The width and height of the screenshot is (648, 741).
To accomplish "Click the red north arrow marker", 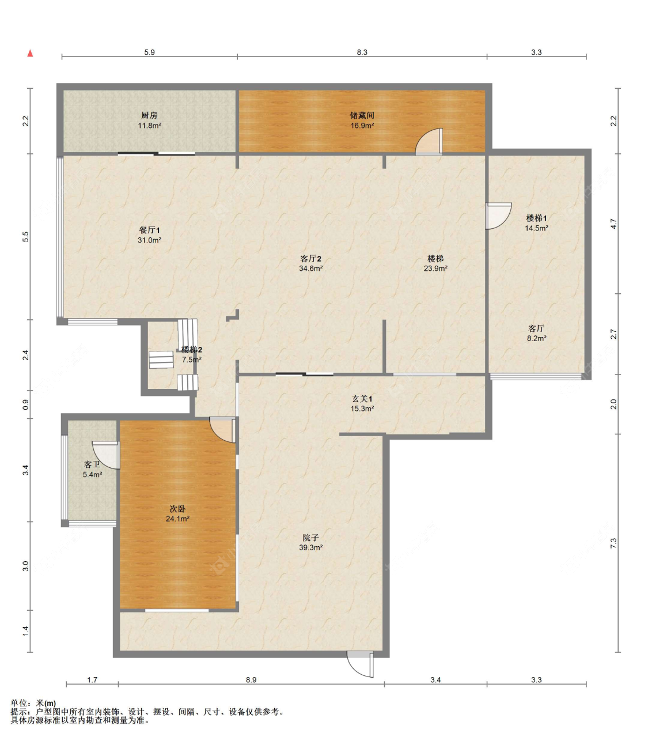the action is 31,53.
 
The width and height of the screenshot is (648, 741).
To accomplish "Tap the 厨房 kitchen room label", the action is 149,116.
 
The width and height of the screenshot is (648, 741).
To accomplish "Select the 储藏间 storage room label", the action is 362,116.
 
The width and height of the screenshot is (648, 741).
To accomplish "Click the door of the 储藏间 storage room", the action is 429,142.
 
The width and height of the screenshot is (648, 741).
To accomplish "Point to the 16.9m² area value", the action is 362,126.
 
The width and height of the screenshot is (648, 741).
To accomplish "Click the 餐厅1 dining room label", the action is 149,230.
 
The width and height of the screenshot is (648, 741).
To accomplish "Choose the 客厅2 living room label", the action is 310,259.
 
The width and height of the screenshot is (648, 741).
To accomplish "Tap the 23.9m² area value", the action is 435,269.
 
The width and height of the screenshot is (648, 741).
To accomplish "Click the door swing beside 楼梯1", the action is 498,216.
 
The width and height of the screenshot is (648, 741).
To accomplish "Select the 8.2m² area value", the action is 536,338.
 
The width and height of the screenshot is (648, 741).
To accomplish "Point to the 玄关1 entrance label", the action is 362,399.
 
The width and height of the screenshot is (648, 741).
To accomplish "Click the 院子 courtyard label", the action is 310,538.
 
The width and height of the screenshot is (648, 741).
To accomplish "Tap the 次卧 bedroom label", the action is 177,509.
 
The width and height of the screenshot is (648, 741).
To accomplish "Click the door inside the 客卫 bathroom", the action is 106,455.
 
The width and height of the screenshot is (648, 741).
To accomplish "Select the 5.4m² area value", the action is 92,474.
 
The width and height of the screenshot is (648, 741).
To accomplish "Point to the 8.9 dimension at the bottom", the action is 251,680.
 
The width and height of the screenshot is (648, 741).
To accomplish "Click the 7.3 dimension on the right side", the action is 613,543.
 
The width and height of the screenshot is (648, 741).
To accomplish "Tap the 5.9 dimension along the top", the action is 149,52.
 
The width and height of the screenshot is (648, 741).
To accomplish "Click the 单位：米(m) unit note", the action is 33,703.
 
